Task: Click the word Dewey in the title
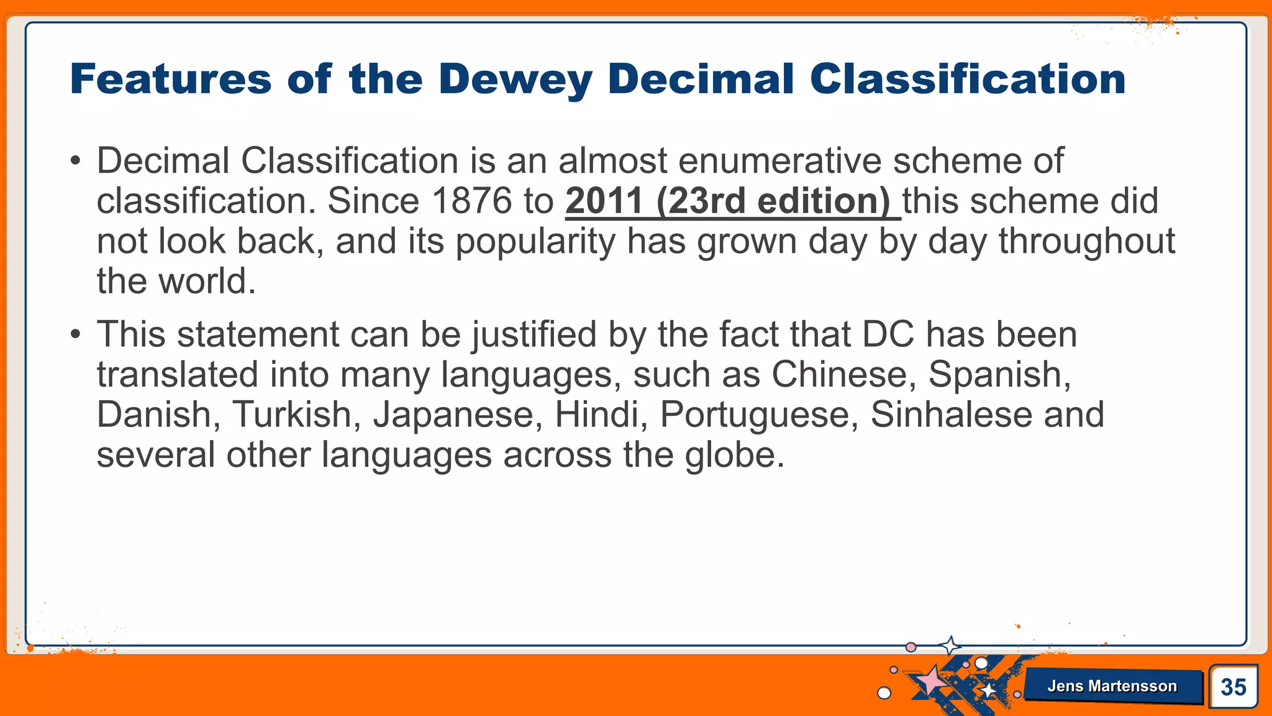[515, 80]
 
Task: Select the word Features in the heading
[171, 80]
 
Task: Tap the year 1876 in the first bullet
[471, 201]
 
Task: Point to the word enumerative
[779, 160]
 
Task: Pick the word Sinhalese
[950, 415]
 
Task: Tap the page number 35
[1233, 687]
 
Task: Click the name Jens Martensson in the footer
[1112, 686]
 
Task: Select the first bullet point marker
[75, 162]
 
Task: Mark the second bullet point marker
[75, 336]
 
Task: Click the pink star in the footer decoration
[930, 680]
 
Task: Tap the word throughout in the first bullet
[1086, 241]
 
